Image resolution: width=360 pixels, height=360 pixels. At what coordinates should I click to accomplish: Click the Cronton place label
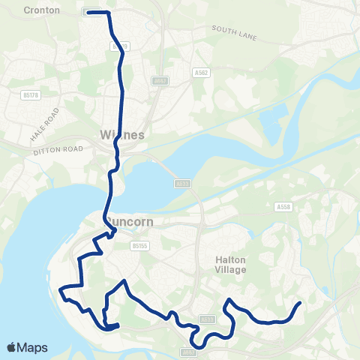click(42, 10)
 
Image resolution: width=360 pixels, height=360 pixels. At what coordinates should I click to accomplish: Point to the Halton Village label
click(226, 265)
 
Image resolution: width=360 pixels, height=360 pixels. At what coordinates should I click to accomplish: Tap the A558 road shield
click(283, 206)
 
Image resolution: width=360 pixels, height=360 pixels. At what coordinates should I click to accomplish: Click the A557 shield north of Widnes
click(159, 79)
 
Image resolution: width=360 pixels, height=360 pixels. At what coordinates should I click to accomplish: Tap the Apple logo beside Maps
click(12, 348)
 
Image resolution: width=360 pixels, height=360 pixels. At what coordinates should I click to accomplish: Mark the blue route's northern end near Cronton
click(89, 12)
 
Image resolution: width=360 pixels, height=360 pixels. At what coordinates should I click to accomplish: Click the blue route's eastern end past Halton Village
click(300, 303)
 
